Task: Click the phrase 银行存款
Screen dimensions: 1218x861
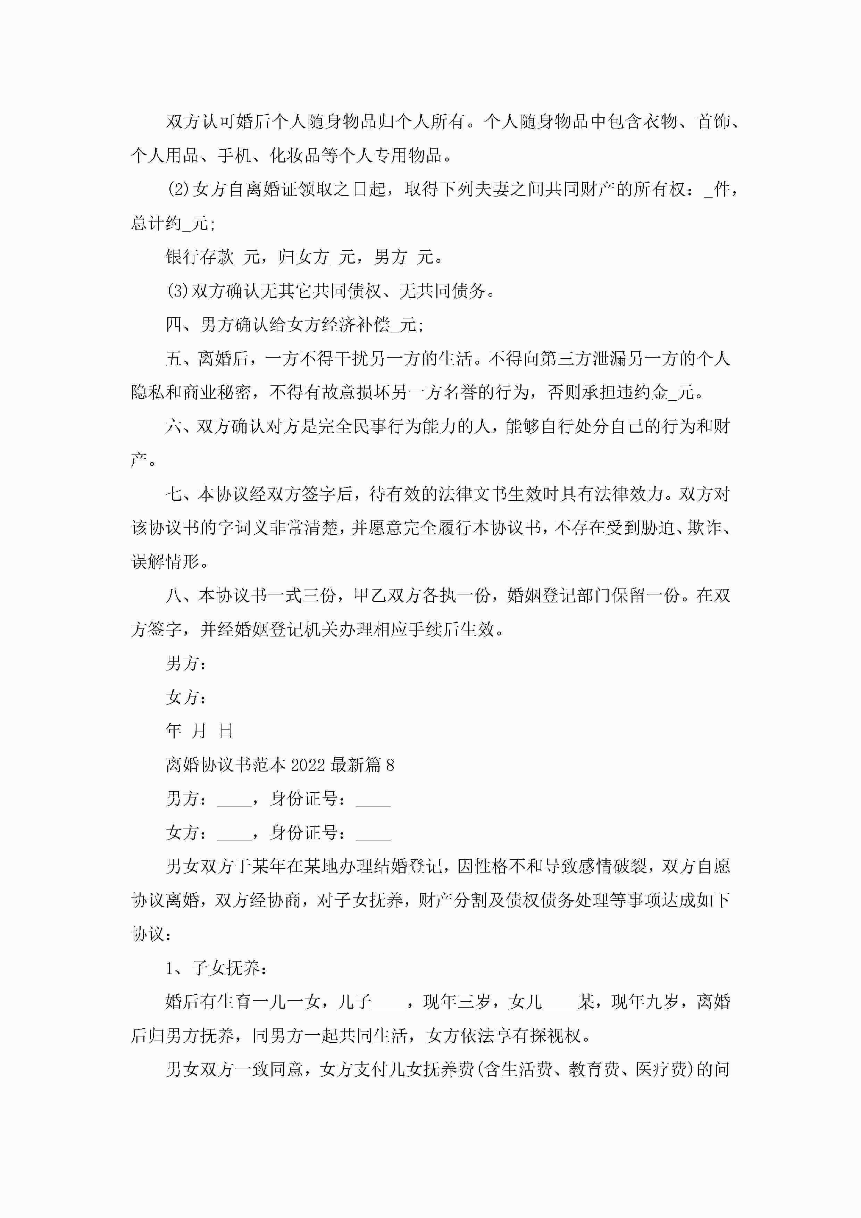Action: (x=200, y=257)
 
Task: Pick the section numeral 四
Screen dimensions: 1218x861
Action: (x=174, y=325)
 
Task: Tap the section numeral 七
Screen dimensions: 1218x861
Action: (x=174, y=494)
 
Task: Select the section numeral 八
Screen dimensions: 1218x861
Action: (x=174, y=596)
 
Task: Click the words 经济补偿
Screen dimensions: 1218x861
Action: (x=356, y=325)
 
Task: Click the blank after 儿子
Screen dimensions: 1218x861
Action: (x=389, y=1002)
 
